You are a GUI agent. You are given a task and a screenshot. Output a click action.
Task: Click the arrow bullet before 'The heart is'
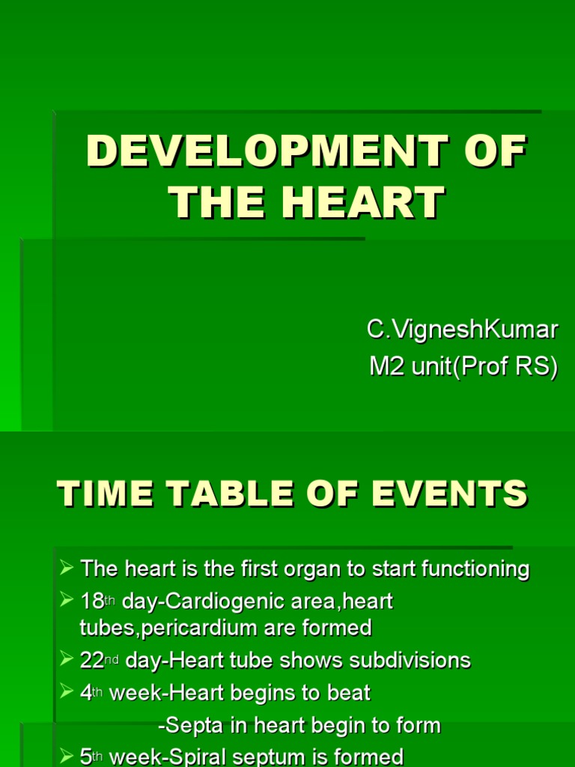(x=67, y=569)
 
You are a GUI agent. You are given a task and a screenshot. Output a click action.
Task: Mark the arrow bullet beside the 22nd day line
(x=67, y=660)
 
